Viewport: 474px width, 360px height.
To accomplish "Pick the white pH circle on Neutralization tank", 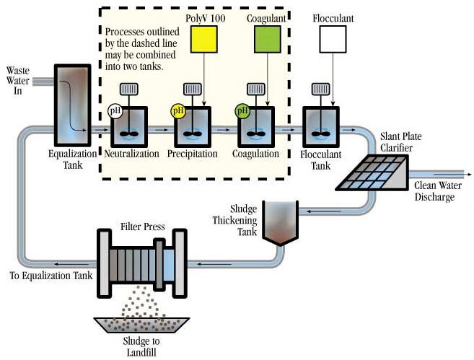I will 114,110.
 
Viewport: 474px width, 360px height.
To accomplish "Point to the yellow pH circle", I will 177,110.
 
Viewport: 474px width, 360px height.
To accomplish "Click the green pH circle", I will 242,110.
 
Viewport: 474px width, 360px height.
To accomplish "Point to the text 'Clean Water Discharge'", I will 434,192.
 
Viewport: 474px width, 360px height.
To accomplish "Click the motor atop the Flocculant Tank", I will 320,89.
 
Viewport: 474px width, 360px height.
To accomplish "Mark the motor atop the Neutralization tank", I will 128,89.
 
